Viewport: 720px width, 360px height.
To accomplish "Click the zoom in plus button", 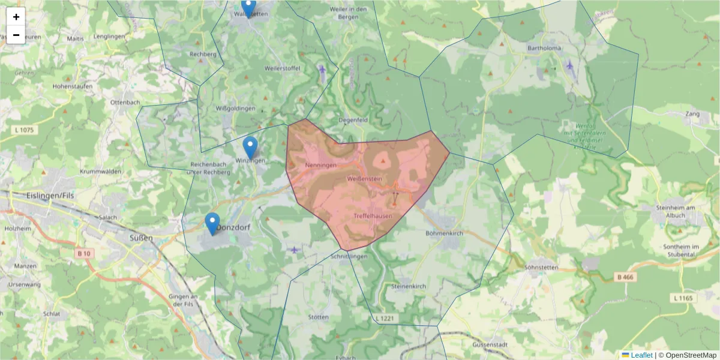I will (16, 17).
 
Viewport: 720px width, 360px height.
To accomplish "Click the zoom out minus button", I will (16, 35).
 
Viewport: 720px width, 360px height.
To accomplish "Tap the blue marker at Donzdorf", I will (212, 223).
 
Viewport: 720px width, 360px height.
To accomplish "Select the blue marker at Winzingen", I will (250, 147).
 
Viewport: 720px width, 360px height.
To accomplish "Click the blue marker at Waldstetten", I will (248, 7).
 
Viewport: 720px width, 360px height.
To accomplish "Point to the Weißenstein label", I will (364, 179).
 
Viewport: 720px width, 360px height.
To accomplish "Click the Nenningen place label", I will (320, 165).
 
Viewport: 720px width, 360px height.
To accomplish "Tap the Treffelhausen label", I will (373, 216).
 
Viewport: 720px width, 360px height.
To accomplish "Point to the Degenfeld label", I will (353, 119).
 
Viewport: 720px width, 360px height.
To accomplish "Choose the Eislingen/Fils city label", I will (50, 196).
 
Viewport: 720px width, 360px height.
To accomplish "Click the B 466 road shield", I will (624, 277).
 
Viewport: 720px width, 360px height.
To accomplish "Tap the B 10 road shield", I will (83, 254).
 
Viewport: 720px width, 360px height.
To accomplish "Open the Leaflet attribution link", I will (641, 355).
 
